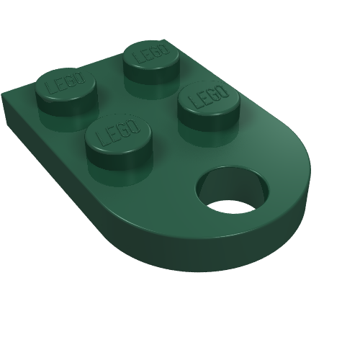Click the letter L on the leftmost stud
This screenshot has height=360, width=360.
pos(51,88)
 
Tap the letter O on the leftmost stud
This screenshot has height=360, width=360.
pos(80,77)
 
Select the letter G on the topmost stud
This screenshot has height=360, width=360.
pos(155,53)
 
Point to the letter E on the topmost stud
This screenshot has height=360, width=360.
pos(146,56)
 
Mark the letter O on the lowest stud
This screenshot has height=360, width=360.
pos(133,125)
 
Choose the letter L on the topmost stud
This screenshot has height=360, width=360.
pos(138,58)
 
